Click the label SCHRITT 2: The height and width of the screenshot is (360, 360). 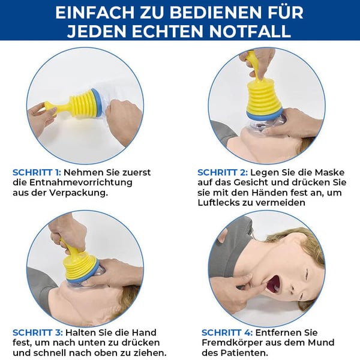coord(221,172)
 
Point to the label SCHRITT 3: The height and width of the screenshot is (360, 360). coord(37,331)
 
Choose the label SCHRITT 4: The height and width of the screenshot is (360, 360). coord(225,332)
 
